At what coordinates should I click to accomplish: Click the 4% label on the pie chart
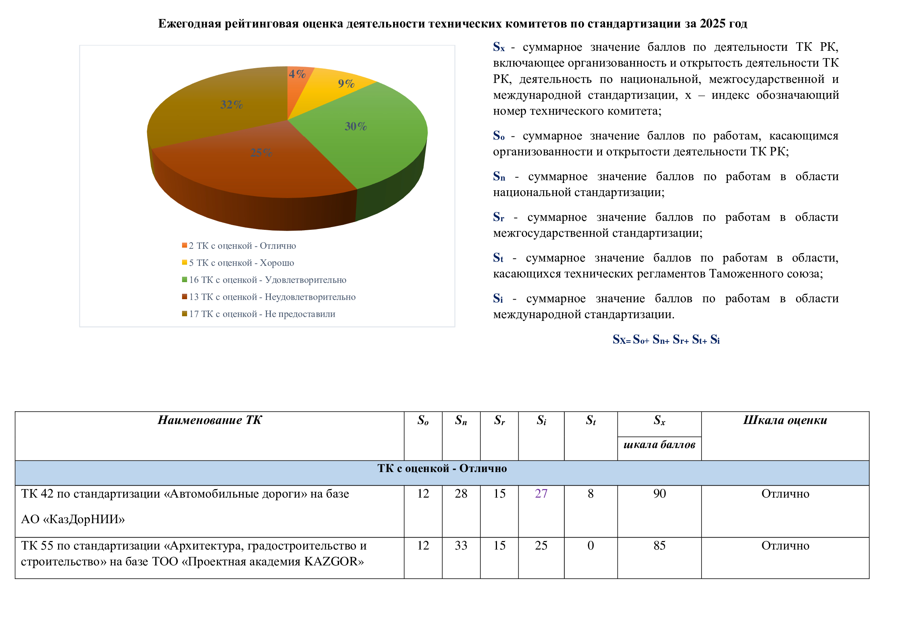297,74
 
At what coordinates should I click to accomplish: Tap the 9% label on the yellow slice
346,84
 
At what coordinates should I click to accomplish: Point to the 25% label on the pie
261,153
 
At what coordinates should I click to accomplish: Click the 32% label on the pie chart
232,105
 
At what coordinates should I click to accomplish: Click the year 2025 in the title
712,24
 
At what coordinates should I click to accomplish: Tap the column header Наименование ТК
210,420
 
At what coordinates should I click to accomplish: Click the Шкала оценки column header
785,420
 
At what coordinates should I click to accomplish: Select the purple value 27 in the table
541,494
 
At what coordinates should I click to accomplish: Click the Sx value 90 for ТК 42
659,494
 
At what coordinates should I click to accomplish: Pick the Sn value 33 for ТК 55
461,546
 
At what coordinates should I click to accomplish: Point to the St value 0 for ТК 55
591,546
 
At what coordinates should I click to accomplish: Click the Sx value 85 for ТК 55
659,546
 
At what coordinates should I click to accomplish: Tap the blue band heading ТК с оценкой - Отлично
442,469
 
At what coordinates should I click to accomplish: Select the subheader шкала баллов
659,445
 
